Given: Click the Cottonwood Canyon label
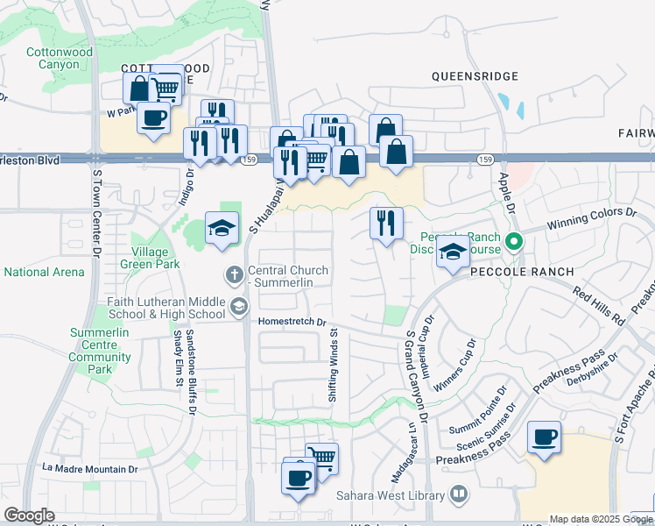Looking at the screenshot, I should pos(60,59).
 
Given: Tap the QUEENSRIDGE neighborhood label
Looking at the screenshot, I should pos(475,76).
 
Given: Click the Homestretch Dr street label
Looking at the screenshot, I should pos(292,322).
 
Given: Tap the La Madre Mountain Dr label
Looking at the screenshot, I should pos(91,469).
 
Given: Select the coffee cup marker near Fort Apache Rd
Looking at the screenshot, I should pos(545,437).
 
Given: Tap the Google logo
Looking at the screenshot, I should pos(29,515).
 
